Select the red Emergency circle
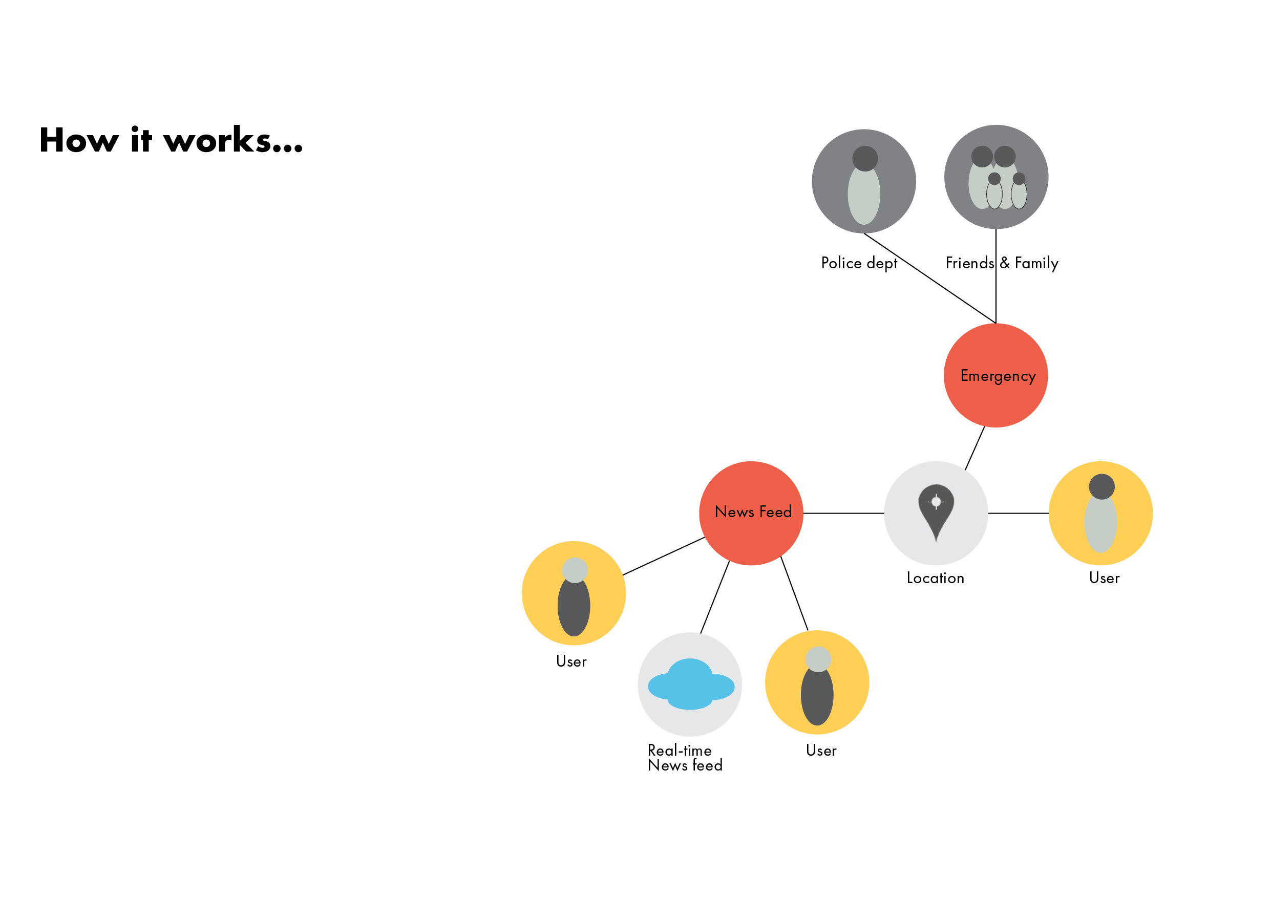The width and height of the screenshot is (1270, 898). click(996, 375)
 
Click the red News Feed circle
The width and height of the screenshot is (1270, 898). click(751, 513)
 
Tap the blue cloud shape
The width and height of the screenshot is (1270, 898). click(690, 685)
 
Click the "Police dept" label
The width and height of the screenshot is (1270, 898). click(859, 263)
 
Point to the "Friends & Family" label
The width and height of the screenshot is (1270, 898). click(1002, 263)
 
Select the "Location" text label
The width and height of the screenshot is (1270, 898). click(936, 579)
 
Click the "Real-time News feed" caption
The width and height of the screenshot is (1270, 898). click(685, 758)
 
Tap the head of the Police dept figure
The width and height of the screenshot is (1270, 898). click(865, 159)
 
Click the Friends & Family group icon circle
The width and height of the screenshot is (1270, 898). click(996, 177)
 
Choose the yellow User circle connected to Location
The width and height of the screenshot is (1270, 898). click(1100, 513)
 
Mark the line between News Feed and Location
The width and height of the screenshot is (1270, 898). click(843, 513)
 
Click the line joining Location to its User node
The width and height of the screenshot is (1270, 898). click(1019, 513)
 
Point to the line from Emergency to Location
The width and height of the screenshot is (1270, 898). click(975, 448)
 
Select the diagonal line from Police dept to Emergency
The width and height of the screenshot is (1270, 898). click(929, 278)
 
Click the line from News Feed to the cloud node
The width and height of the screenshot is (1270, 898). click(715, 597)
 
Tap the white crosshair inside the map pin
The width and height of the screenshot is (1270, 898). click(936, 502)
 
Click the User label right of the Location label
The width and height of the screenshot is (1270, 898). click(1104, 579)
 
